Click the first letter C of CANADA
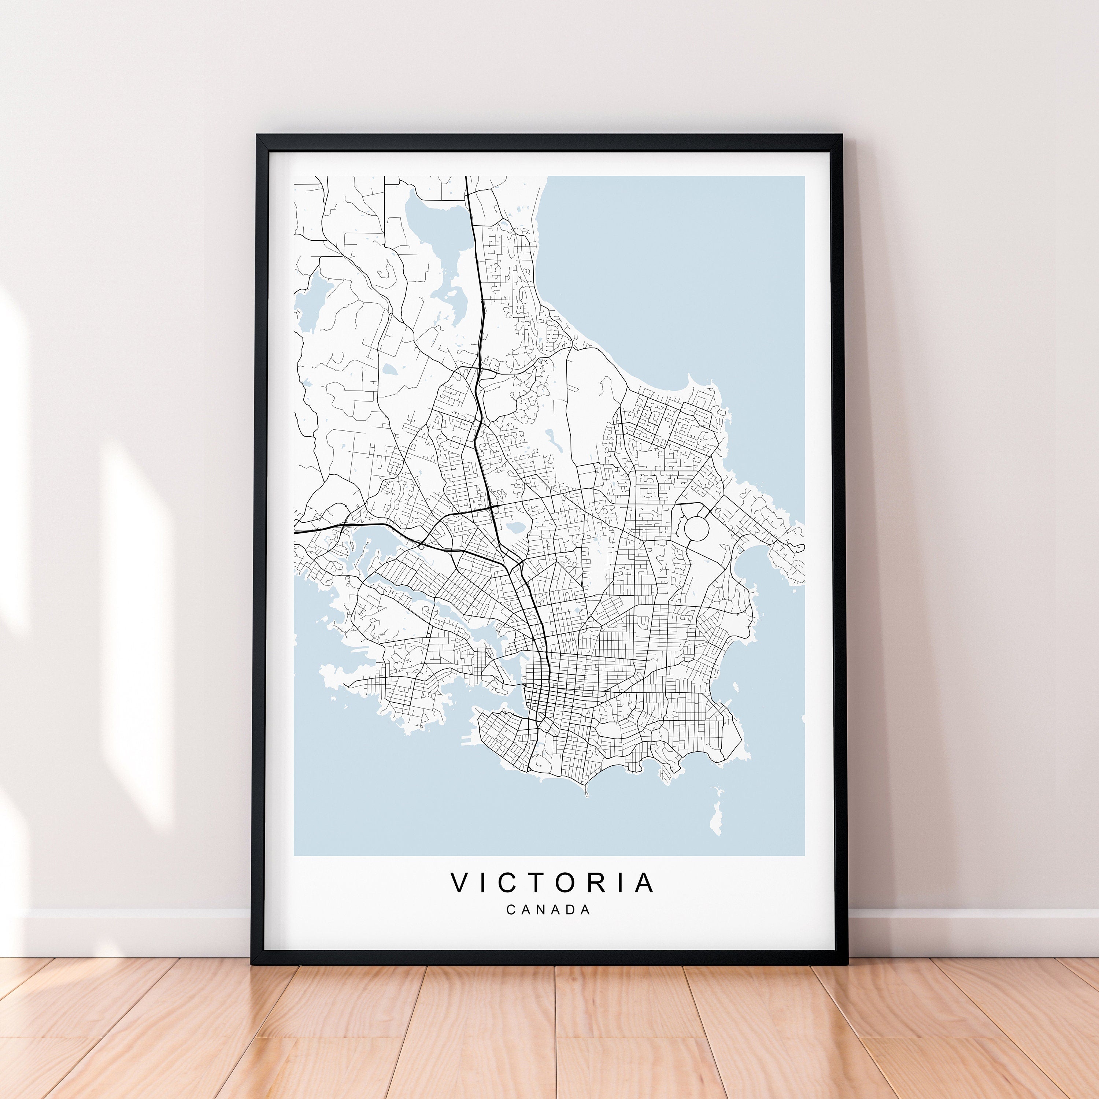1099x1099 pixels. pos(510,910)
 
